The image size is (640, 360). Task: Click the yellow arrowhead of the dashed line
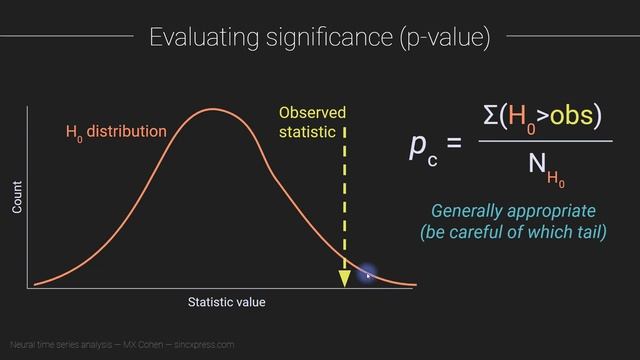pos(344,278)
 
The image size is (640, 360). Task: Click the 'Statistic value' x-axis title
pos(227,301)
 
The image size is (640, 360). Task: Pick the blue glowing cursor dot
pos(366,274)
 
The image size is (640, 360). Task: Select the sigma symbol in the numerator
pos(490,116)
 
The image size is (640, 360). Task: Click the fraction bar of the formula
pos(545,141)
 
